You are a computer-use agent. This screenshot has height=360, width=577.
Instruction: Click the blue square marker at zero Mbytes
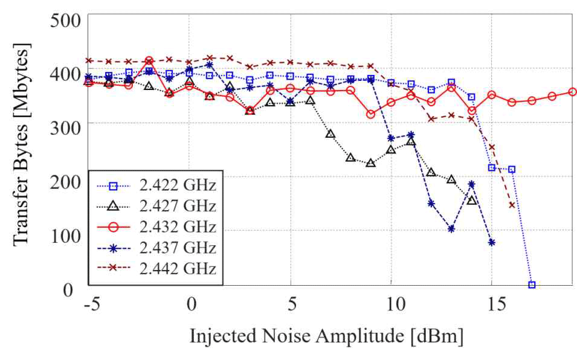pos(532,284)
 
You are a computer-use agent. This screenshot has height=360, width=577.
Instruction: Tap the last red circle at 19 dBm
pos(572,92)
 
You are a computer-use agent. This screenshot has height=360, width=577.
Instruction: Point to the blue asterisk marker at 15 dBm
pos(492,242)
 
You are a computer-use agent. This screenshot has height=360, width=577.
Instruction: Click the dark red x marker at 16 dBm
pos(512,205)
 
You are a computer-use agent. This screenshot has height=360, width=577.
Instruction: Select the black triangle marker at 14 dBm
pos(472,200)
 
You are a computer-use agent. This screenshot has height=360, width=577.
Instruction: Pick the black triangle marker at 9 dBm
pos(371,163)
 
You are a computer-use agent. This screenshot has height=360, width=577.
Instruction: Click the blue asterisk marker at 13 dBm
pos(451,229)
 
